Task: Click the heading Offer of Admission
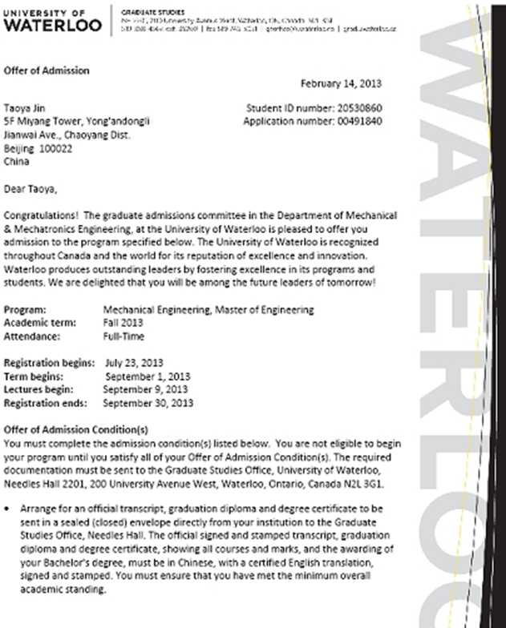coord(47,70)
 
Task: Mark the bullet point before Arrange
coord(8,508)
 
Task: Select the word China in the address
coord(16,162)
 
